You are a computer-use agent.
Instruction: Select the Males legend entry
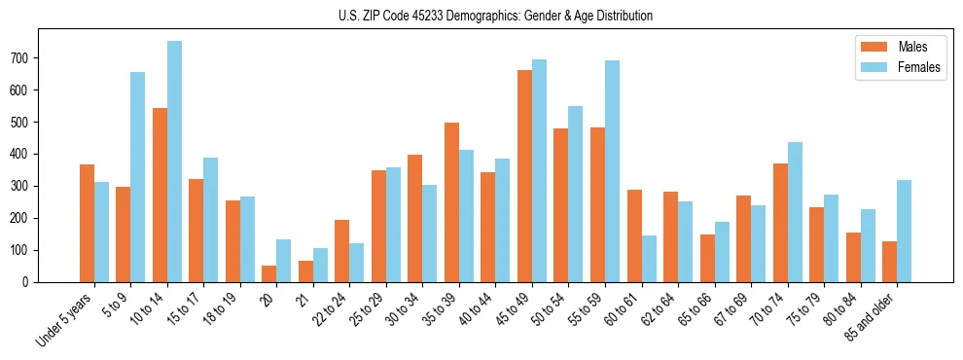click(x=906, y=47)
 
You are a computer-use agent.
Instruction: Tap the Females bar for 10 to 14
click(x=174, y=162)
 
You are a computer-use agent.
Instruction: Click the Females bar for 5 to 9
click(x=138, y=177)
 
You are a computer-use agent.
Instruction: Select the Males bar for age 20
click(x=269, y=273)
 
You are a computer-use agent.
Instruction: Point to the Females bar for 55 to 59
click(x=612, y=171)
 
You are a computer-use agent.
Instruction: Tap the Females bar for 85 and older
click(x=904, y=231)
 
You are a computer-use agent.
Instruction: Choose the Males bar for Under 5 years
click(x=87, y=223)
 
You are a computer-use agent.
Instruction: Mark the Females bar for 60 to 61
click(x=649, y=259)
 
